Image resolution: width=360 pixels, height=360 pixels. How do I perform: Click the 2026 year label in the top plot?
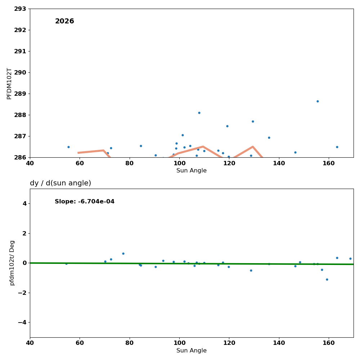(x=64, y=21)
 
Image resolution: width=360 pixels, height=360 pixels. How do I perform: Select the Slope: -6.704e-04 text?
(x=85, y=202)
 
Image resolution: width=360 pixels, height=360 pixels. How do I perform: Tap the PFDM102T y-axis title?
(x=9, y=84)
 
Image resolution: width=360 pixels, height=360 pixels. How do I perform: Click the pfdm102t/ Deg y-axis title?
(x=12, y=263)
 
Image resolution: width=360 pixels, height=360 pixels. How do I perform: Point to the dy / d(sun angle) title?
(x=60, y=183)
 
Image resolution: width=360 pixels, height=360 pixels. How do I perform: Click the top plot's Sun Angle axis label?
(x=192, y=171)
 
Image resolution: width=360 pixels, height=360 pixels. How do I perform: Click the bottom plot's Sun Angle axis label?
(x=192, y=351)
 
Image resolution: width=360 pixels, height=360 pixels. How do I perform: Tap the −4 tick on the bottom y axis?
(x=22, y=322)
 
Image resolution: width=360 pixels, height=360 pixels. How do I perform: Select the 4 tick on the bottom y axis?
(x=24, y=203)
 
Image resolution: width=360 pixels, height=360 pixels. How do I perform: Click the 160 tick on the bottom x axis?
(x=329, y=343)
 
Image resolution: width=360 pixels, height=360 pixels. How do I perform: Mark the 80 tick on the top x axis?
(x=130, y=163)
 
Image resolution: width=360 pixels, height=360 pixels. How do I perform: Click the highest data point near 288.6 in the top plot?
(x=318, y=101)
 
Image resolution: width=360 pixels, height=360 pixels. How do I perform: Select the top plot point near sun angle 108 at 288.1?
(x=199, y=113)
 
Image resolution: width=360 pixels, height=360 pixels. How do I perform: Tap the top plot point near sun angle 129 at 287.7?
(x=253, y=121)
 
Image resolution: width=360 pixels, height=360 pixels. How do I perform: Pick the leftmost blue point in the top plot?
(x=68, y=147)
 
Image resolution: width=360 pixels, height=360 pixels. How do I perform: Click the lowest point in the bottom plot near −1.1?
(x=327, y=279)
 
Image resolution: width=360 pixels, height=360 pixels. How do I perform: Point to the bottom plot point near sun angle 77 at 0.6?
(x=123, y=253)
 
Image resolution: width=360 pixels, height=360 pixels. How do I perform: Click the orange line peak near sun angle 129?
(x=253, y=147)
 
